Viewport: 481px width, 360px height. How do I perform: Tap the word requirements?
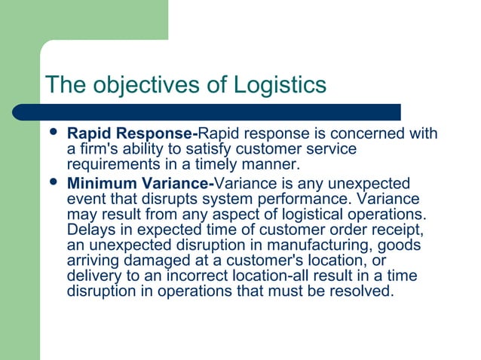click(113, 164)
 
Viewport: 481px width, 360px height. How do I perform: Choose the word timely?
click(234, 164)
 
